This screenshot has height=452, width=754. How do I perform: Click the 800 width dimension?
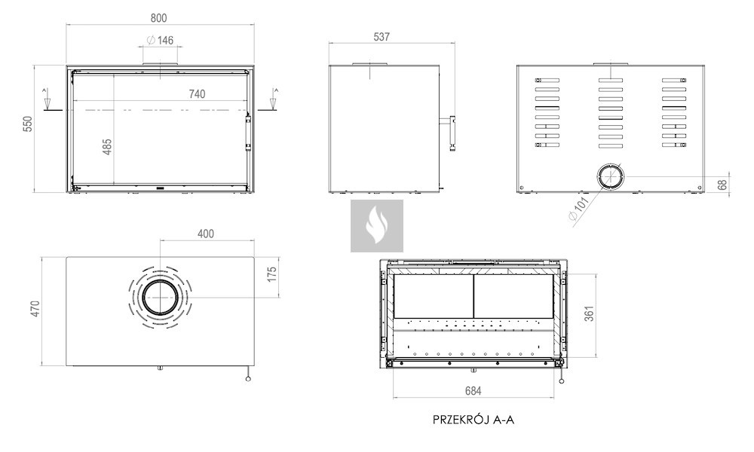tap(158, 18)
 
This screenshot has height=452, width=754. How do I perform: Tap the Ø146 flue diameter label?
tap(160, 41)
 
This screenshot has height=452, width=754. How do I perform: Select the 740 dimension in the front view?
tap(197, 94)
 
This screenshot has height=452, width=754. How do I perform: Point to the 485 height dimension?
tap(107, 146)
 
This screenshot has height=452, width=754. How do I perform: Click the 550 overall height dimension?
tap(28, 124)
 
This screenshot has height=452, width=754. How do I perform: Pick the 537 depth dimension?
tap(382, 37)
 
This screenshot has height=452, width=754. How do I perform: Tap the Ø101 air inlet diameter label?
tap(578, 209)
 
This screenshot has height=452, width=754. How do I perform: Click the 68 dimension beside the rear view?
tap(722, 185)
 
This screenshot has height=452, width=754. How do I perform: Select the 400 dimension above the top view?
tap(206, 234)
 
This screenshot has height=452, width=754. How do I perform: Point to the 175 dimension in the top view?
tap(272, 274)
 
